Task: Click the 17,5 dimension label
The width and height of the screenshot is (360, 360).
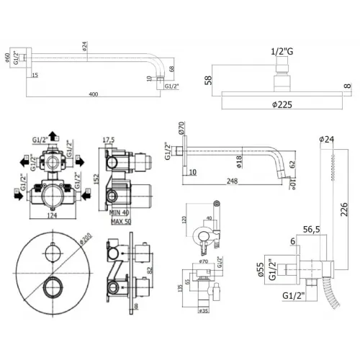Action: click(x=109, y=140)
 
